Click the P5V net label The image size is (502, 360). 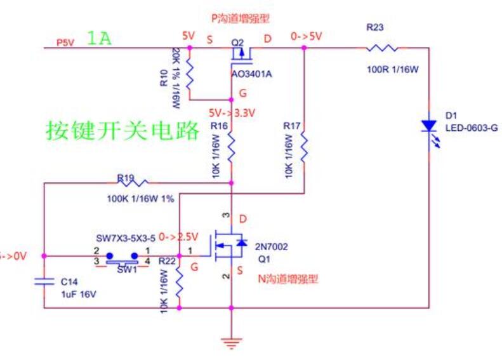(x=65, y=42)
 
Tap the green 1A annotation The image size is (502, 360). (x=99, y=39)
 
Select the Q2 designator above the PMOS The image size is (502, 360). (x=238, y=42)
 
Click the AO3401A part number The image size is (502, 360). (x=252, y=74)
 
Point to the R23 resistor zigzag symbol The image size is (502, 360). (x=381, y=48)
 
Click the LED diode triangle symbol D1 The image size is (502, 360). (x=430, y=124)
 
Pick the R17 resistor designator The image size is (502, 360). (x=291, y=126)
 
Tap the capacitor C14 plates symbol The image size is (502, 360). (x=44, y=281)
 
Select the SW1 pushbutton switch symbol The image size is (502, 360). (x=122, y=257)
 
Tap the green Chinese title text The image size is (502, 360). (x=122, y=130)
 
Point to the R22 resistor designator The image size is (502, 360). (x=167, y=261)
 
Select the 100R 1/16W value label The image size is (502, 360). (x=393, y=69)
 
